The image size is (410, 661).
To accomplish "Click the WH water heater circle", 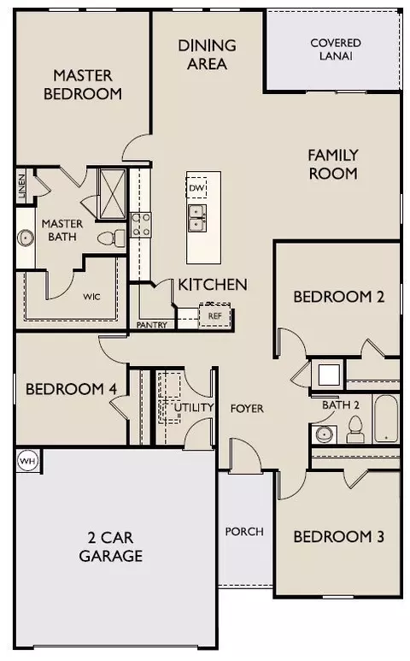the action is click(28, 461).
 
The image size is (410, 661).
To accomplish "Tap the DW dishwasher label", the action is click(196, 188).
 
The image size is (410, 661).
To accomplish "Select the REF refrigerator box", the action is click(214, 316).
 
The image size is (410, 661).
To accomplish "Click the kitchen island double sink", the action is click(197, 218).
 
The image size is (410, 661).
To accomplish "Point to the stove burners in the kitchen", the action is click(141, 225).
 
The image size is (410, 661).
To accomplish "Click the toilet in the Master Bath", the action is click(112, 239).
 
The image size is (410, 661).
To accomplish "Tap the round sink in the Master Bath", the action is click(26, 238).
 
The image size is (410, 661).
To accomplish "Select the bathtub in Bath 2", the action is click(385, 418).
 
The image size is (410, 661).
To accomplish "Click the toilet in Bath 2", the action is click(354, 429).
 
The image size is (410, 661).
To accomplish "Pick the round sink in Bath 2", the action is click(325, 434).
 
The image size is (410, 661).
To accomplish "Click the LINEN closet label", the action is click(21, 186).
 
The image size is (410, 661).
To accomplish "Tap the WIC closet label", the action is click(91, 297).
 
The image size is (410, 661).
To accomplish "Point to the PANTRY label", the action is click(151, 325).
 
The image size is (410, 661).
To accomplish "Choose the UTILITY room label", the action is click(194, 407).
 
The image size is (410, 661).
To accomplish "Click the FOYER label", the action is click(247, 408).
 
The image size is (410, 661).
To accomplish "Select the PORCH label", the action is click(244, 531).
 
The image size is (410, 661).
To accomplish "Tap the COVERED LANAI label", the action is click(336, 50).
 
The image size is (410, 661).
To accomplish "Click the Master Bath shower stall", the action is click(112, 194).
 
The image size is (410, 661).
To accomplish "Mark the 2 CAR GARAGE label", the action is click(111, 546).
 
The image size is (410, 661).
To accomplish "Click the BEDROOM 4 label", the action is click(71, 389).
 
